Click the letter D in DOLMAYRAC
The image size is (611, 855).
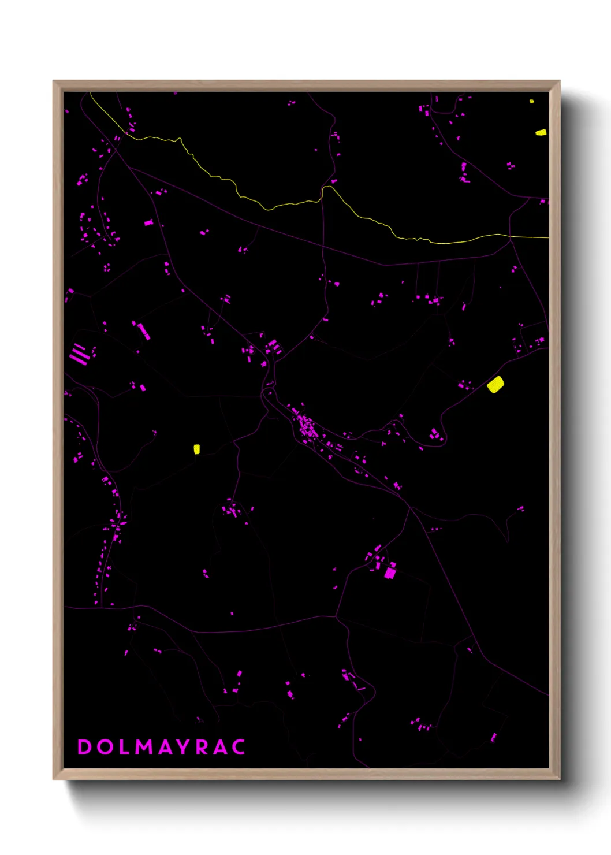point(84,746)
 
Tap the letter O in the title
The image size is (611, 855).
point(105,746)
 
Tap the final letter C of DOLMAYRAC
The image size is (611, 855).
point(239,746)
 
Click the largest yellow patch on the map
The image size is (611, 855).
point(495,384)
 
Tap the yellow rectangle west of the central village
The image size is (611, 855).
point(196,449)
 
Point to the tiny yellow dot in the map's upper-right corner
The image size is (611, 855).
point(531,101)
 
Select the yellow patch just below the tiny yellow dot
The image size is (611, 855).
point(541,132)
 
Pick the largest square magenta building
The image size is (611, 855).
point(390,573)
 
